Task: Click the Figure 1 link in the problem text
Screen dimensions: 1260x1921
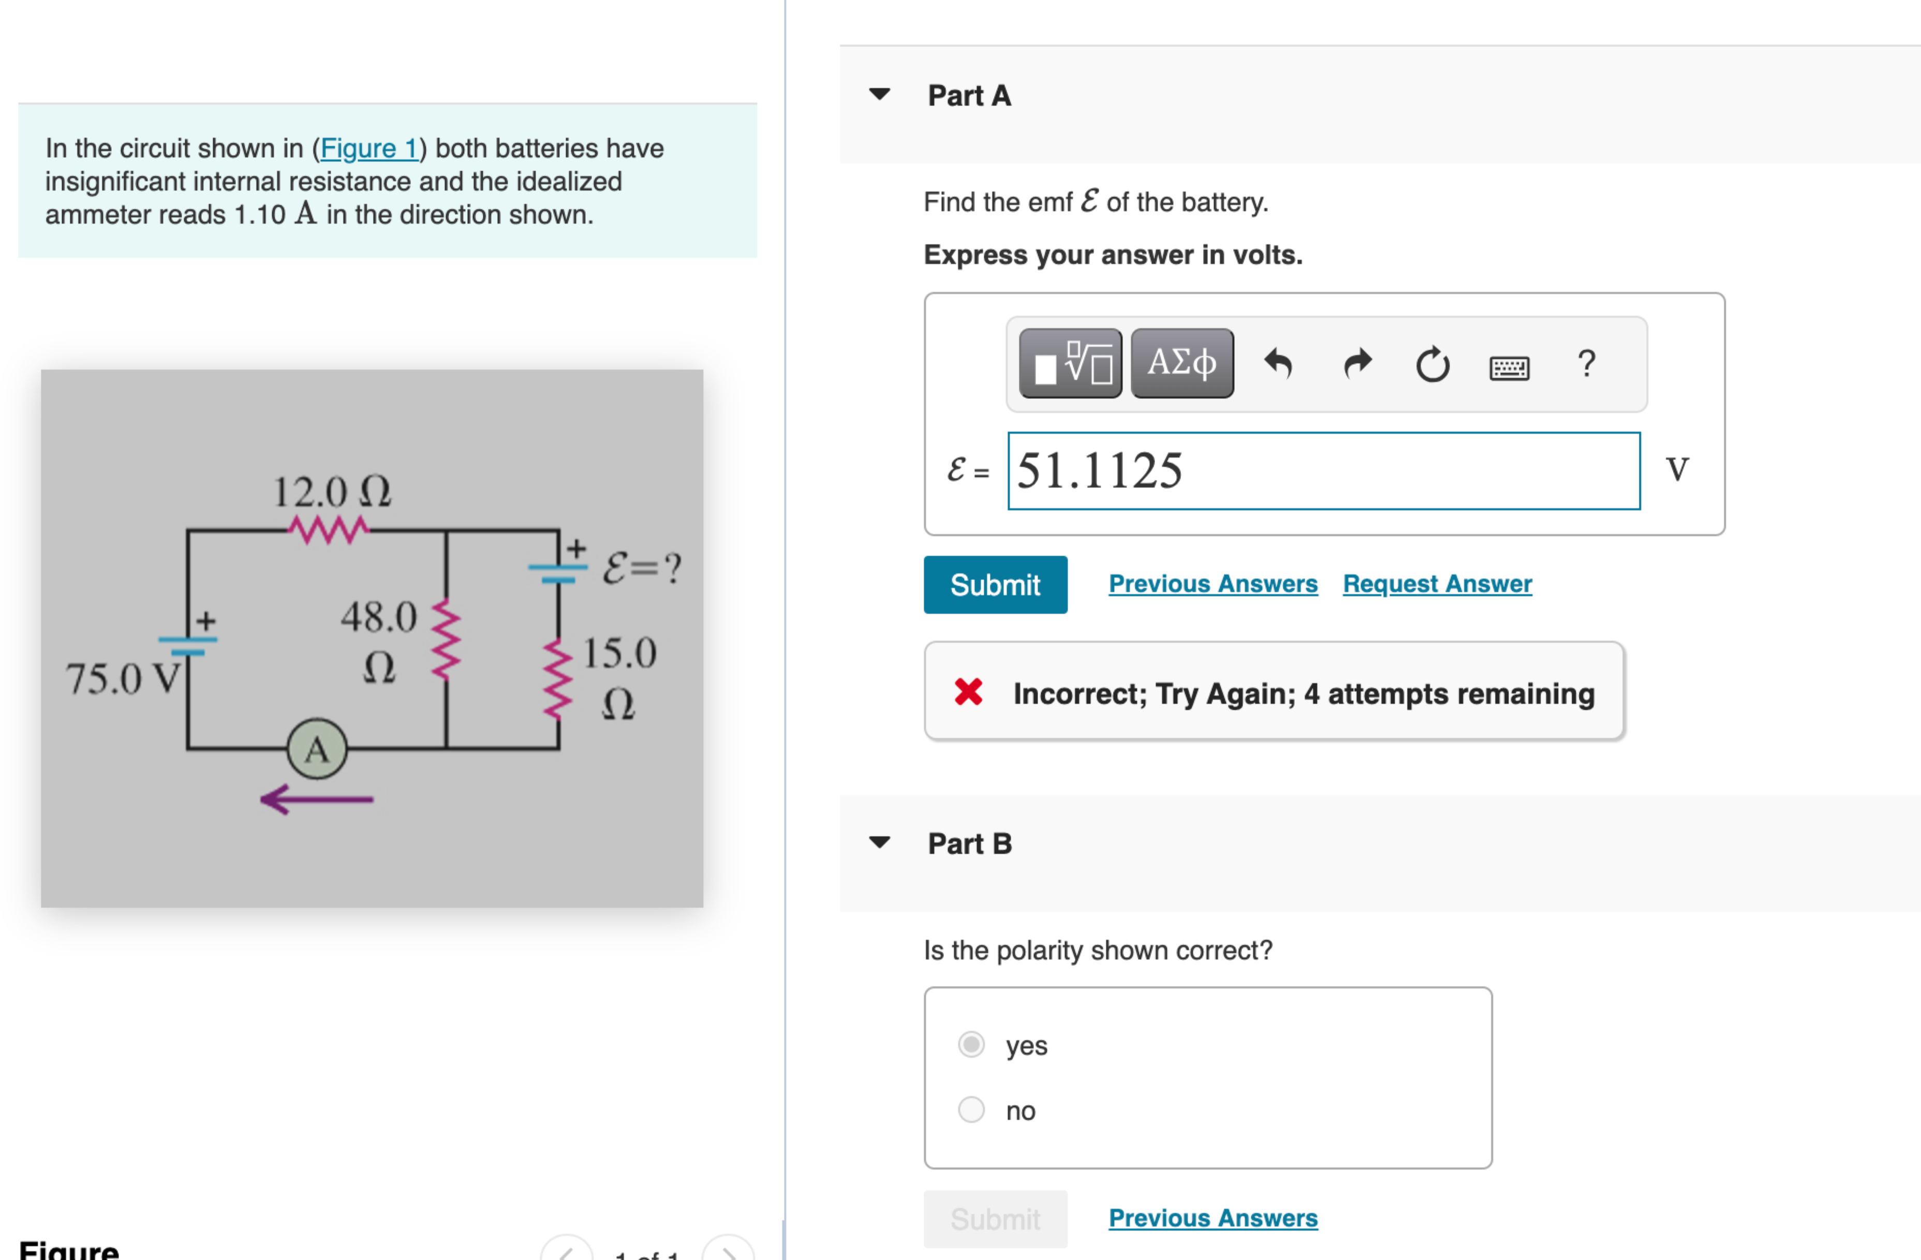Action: pos(369,149)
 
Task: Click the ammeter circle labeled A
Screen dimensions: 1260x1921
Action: pos(317,749)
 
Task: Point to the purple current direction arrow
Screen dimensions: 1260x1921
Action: pos(316,799)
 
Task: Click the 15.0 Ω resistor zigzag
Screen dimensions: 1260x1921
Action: pos(558,678)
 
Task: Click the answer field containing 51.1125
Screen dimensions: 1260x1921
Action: pos(1324,471)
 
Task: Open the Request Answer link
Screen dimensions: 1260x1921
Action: pos(1437,584)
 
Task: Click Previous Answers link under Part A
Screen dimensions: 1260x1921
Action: pos(1213,584)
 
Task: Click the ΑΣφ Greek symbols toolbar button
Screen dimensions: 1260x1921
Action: pos(1181,363)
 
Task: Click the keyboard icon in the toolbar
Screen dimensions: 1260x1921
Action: pos(1509,368)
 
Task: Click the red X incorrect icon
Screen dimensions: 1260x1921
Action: pos(968,692)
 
